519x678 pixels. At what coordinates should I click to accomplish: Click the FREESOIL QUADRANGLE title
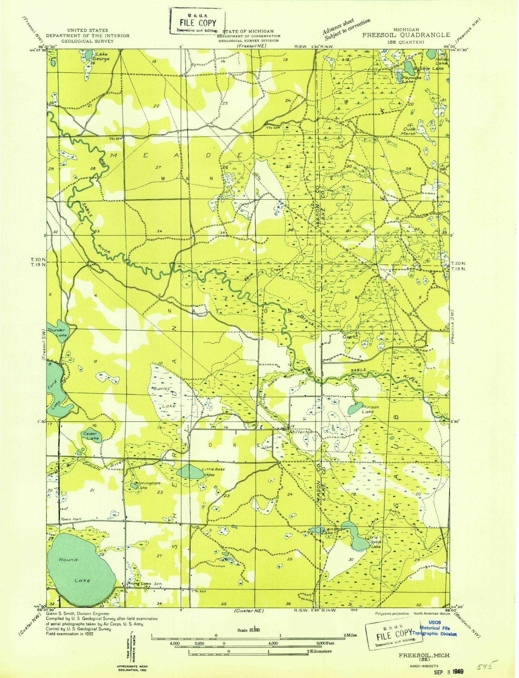click(406, 35)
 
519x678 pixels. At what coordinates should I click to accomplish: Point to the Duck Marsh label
click(408, 131)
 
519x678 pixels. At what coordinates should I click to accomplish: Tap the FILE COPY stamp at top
click(198, 23)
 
